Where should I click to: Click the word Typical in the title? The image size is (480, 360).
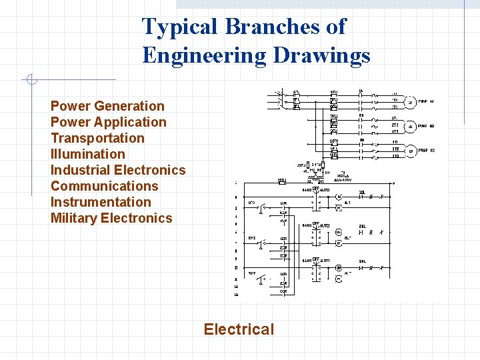point(181,27)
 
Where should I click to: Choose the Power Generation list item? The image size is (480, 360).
point(107,106)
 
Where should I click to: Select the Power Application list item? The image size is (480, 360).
point(109,122)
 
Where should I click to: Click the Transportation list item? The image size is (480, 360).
point(97,138)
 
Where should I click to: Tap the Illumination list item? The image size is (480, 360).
point(88,154)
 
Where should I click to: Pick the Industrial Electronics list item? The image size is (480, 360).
point(118,170)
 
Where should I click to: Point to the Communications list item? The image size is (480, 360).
point(105,186)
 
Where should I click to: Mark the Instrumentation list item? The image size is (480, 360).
point(101,202)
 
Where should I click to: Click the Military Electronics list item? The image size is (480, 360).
point(111,218)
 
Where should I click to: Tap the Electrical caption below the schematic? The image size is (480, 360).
point(239,329)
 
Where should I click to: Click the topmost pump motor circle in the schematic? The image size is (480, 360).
point(411,102)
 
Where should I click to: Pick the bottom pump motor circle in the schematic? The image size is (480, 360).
point(411,151)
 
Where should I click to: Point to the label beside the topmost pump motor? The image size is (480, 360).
point(426,102)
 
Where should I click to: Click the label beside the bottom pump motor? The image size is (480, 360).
point(426,151)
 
